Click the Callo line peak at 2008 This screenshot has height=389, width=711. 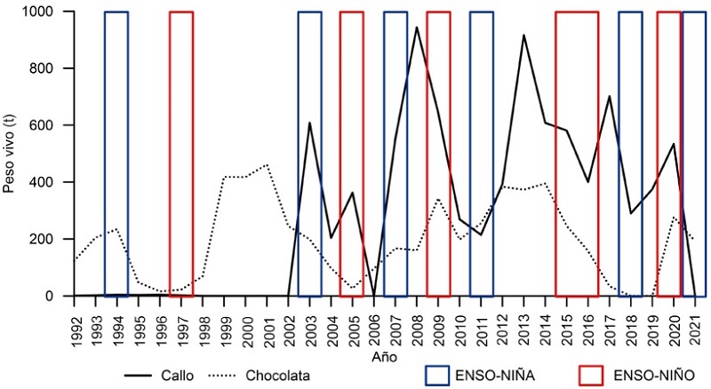(x=417, y=27)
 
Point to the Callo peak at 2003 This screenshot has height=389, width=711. (x=309, y=123)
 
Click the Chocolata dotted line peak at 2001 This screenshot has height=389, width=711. (x=267, y=164)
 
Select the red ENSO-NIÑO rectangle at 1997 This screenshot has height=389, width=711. (x=181, y=153)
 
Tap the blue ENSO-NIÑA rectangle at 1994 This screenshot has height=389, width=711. (x=116, y=153)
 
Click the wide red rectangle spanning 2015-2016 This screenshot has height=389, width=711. (x=577, y=153)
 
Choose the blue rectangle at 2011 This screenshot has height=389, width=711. (x=481, y=153)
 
